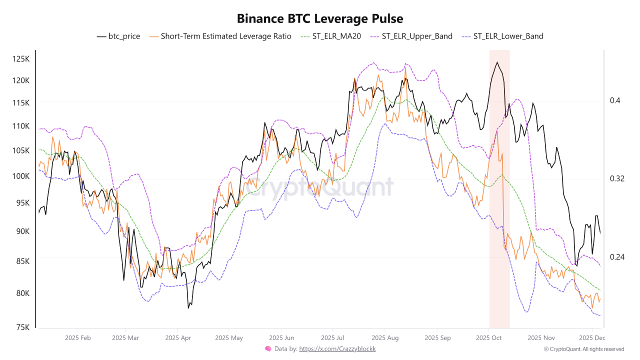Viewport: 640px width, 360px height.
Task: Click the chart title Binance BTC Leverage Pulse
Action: click(x=320, y=18)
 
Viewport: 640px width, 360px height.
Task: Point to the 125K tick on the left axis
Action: click(x=21, y=59)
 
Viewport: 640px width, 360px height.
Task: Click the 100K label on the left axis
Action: click(x=21, y=176)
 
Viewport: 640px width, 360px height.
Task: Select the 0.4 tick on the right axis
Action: click(x=615, y=100)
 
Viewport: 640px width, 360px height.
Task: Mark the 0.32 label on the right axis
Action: click(x=617, y=178)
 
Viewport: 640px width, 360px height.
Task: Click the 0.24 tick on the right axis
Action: click(x=617, y=257)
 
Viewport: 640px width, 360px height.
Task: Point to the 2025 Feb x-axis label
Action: click(x=77, y=338)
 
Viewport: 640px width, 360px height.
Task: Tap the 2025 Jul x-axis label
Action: click(x=333, y=338)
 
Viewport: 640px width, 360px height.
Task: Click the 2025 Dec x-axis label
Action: click(x=592, y=338)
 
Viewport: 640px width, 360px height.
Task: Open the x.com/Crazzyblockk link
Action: click(x=337, y=349)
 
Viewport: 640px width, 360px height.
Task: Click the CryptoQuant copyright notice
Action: click(x=584, y=349)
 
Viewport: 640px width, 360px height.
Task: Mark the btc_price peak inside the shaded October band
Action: click(x=497, y=62)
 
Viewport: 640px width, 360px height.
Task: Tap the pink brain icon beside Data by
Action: click(x=268, y=349)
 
